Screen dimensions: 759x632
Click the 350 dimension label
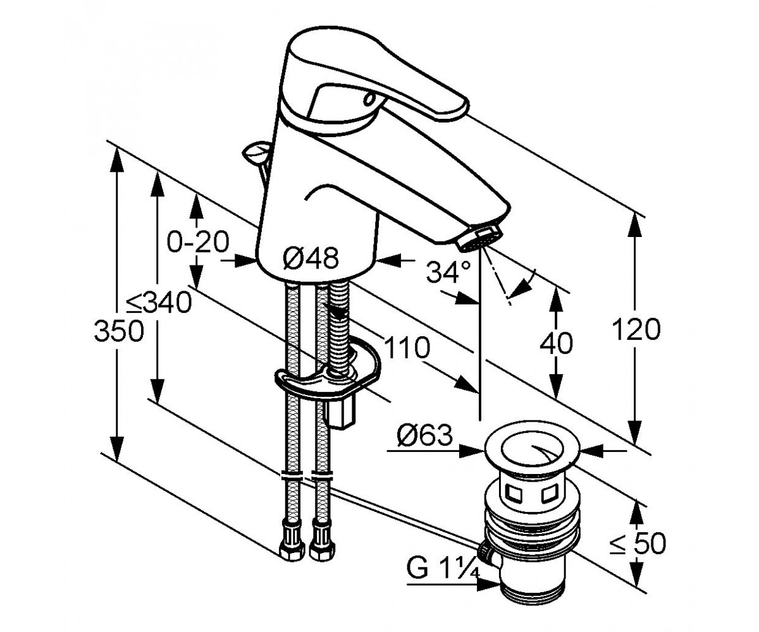tap(119, 331)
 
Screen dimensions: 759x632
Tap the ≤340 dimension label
tap(159, 302)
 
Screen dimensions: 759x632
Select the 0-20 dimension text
tap(198, 241)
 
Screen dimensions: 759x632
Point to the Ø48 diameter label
tap(311, 258)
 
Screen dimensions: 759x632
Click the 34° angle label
tap(448, 271)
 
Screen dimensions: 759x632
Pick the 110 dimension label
tap(407, 347)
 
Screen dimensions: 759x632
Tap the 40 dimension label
tap(556, 343)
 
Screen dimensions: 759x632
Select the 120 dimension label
tap(636, 329)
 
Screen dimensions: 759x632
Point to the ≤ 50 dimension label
tap(638, 543)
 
